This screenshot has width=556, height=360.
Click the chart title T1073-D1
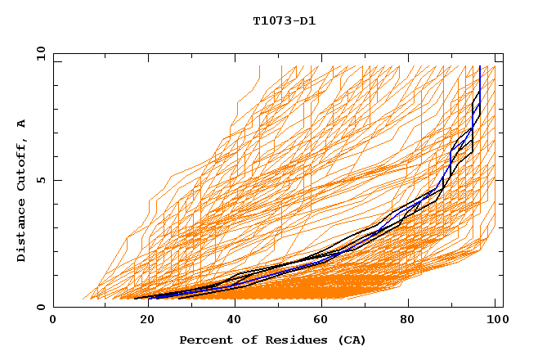tap(284, 20)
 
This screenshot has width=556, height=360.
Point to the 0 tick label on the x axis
tap(53, 321)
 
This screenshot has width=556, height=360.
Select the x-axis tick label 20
tap(141, 321)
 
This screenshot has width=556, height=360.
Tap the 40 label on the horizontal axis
tap(231, 321)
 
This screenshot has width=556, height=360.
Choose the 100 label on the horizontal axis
tap(495, 321)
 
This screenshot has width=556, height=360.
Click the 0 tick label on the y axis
tap(41, 308)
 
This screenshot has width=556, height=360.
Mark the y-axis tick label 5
tap(41, 180)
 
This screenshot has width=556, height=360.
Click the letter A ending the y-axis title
tap(21, 123)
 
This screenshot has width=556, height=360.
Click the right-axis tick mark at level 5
tap(500, 180)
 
